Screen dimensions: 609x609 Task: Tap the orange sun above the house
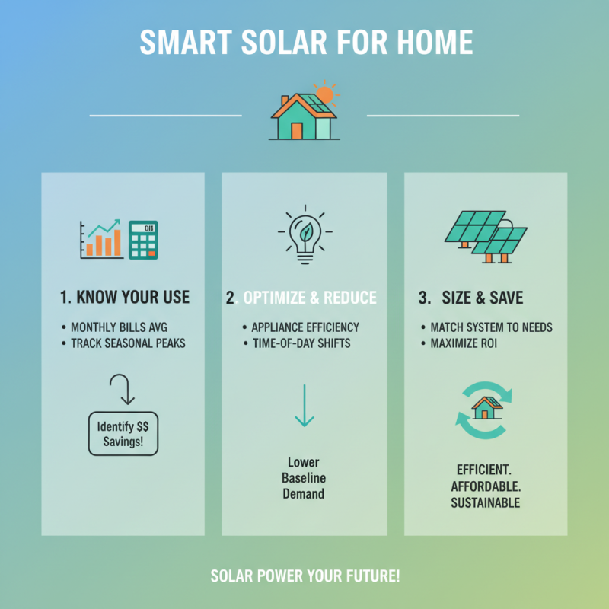pyautogui.click(x=325, y=94)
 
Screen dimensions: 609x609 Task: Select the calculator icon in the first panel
pyautogui.click(x=142, y=241)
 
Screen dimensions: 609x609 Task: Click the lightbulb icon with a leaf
pyautogui.click(x=304, y=234)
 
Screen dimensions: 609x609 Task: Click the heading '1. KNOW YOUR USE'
pyautogui.click(x=124, y=298)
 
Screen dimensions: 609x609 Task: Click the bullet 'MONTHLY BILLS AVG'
pyautogui.click(x=123, y=327)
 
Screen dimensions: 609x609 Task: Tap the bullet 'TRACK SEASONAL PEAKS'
pyautogui.click(x=128, y=343)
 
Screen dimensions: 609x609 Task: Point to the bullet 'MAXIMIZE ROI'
pyautogui.click(x=463, y=343)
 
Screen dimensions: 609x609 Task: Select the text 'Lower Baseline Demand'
pyautogui.click(x=304, y=478)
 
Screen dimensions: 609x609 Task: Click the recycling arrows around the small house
pyautogui.click(x=483, y=412)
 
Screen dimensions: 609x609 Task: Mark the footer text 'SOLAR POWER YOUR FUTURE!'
pyautogui.click(x=304, y=576)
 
